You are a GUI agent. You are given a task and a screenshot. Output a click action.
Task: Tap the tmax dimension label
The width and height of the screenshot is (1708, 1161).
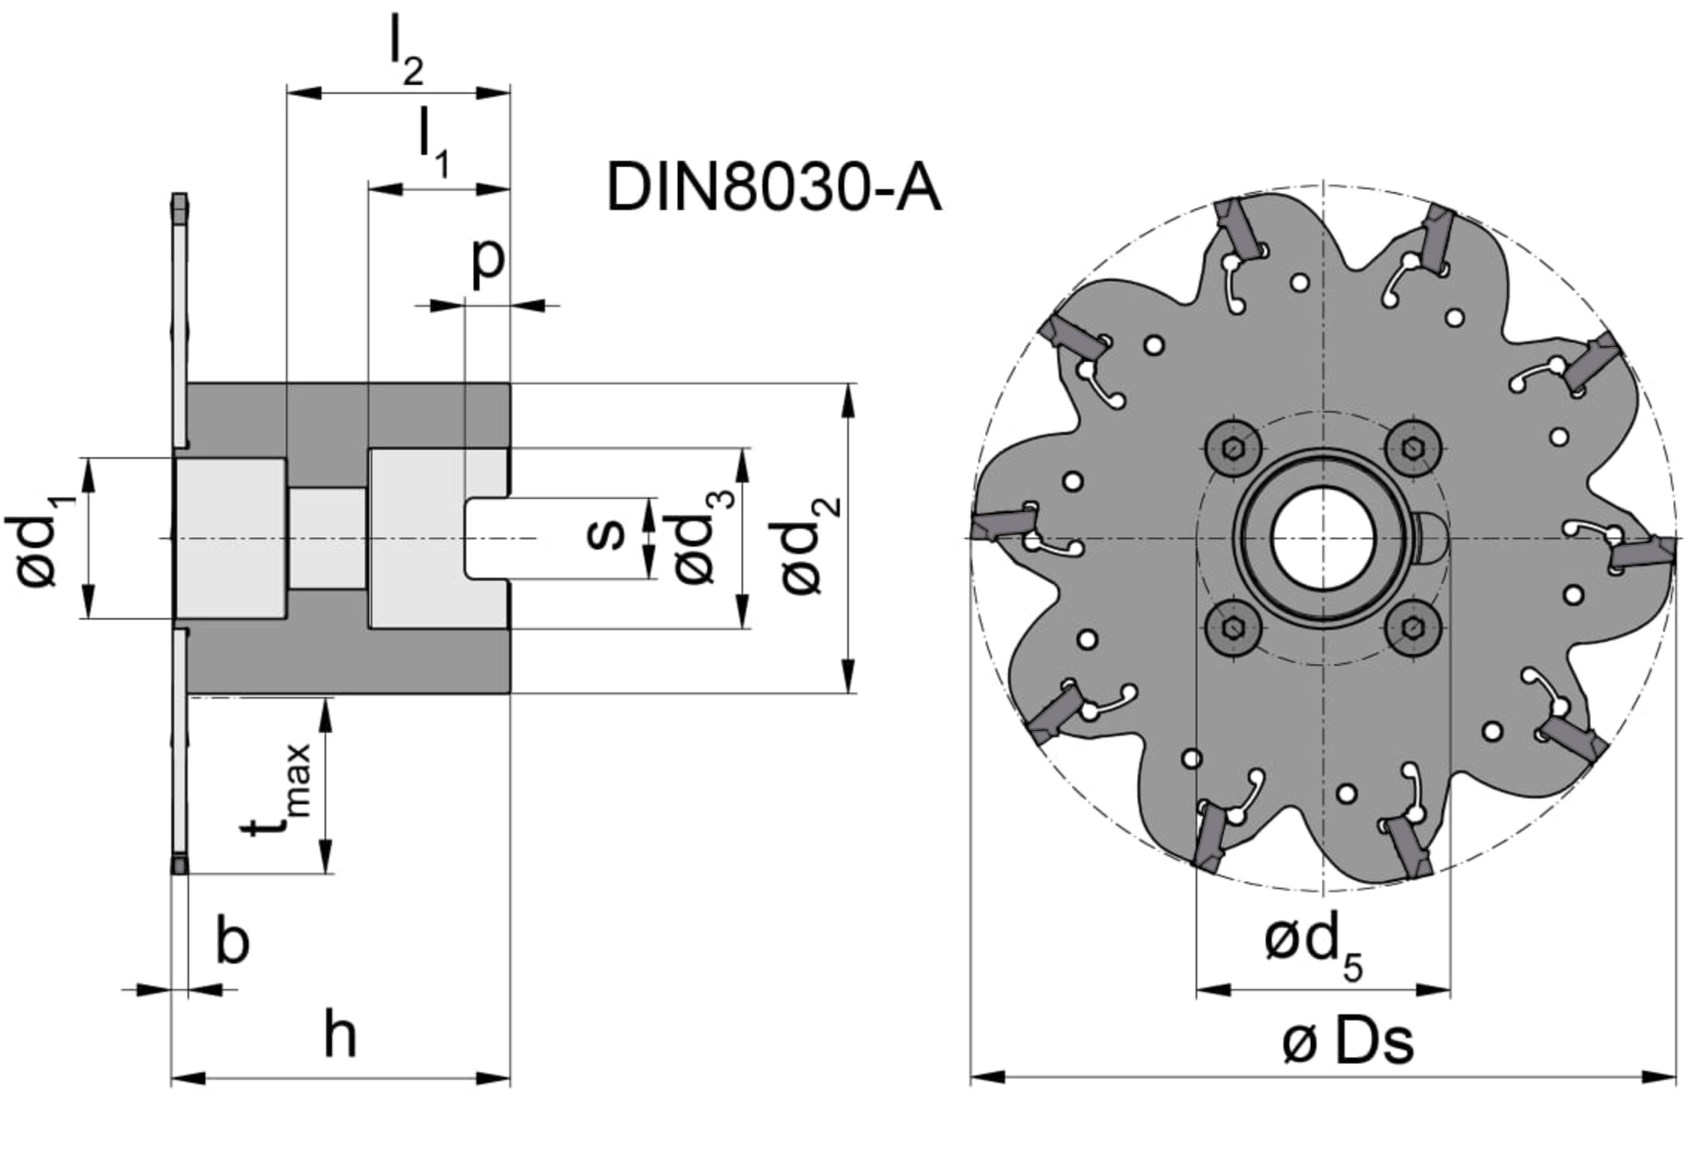tap(277, 789)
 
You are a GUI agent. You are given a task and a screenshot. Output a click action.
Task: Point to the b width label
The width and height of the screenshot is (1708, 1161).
tap(232, 941)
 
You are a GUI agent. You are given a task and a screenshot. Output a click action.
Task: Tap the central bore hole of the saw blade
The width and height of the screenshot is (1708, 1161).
tap(1322, 538)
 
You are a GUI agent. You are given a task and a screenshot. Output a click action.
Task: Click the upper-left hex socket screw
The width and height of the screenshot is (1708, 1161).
tap(1233, 448)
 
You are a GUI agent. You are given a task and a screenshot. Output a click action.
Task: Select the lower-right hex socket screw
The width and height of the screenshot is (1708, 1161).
tap(1412, 629)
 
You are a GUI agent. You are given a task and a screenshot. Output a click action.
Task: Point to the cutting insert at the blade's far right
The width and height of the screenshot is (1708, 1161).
tap(1642, 555)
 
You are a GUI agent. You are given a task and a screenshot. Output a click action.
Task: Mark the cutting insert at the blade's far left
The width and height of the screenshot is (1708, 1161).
tap(1001, 522)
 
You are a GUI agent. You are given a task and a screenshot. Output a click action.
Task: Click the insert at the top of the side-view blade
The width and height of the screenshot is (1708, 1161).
tap(179, 209)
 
